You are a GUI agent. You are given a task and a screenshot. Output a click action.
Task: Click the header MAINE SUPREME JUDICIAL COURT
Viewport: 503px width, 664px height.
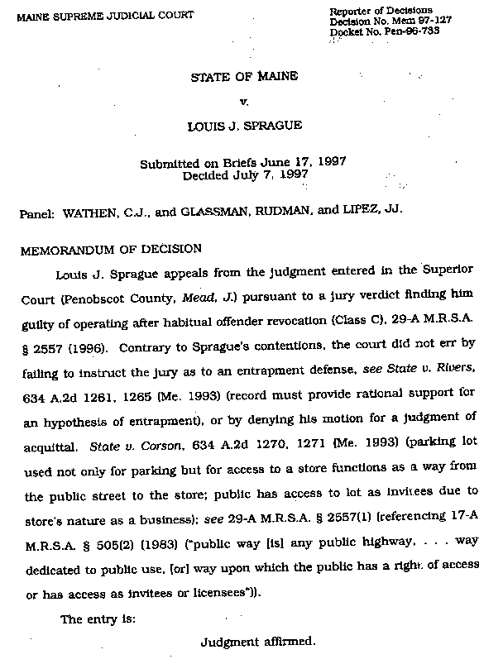click(x=100, y=15)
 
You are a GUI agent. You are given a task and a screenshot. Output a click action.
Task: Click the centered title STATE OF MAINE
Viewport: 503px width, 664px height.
click(x=243, y=77)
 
